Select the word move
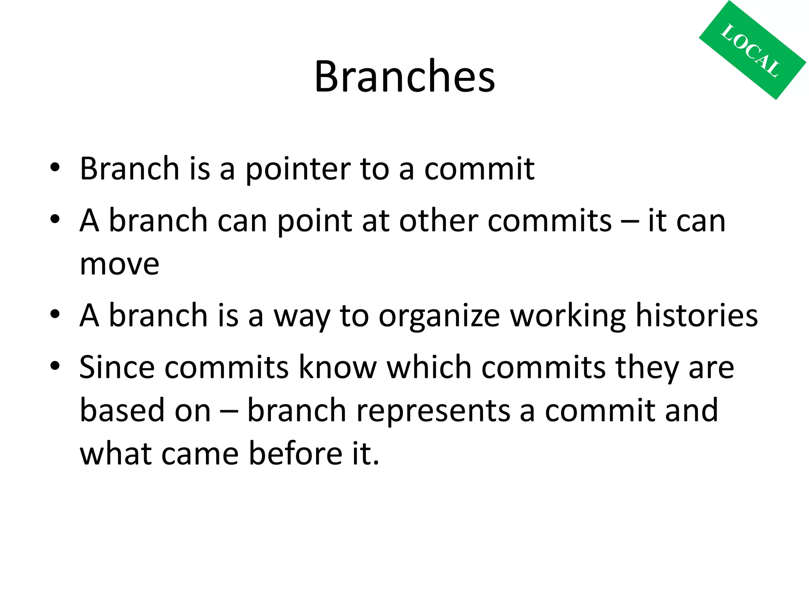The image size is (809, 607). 119,264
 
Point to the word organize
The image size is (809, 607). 439,316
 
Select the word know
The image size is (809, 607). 338,367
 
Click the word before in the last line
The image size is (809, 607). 295,453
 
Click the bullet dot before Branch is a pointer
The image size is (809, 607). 55,168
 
